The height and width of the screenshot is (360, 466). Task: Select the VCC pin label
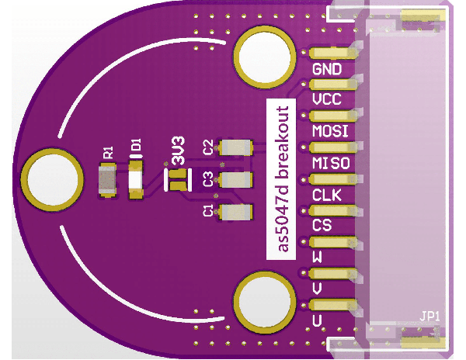click(327, 101)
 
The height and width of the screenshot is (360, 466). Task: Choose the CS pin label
click(322, 226)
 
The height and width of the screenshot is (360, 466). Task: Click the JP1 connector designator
click(430, 317)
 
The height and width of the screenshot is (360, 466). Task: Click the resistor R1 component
click(106, 182)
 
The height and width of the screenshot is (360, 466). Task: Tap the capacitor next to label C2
click(236, 147)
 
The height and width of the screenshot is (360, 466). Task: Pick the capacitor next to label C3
click(236, 181)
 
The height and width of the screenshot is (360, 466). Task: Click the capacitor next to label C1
click(236, 212)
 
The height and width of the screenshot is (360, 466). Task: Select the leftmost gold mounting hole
click(53, 178)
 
